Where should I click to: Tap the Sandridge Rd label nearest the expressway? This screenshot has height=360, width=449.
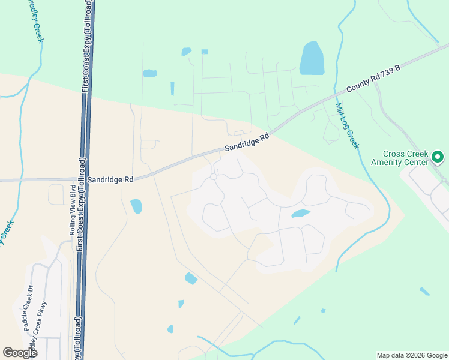tap(110, 179)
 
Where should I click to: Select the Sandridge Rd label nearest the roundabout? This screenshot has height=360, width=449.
tap(247, 142)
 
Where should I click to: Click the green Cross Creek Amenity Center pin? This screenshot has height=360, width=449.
tap(438, 158)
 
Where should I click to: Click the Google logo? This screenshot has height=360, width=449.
tap(20, 353)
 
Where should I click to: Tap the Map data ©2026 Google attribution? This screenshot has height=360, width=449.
tap(411, 355)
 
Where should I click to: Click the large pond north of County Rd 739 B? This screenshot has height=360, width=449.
tap(312, 59)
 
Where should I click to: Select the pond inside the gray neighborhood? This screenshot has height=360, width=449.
tap(300, 214)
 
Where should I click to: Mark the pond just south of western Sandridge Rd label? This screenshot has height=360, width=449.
tap(136, 206)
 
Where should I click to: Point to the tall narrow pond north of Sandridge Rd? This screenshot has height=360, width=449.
tap(172, 88)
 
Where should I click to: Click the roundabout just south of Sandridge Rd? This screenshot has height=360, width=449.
tap(213, 176)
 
